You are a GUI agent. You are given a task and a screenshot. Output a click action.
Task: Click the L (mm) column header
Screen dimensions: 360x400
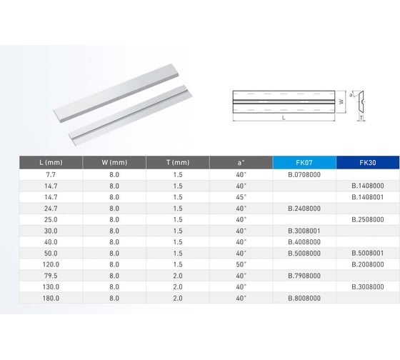[50, 162]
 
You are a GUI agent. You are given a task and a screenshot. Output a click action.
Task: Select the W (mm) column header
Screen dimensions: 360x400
[114, 162]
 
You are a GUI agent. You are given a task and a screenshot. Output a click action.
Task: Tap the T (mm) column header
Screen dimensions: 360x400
[177, 162]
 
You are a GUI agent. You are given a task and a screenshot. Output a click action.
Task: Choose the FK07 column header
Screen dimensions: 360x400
[304, 162]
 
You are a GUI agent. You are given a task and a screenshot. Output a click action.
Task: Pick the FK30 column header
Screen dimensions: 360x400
[367, 162]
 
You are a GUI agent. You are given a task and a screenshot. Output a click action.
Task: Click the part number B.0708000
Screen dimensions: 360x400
[304, 174]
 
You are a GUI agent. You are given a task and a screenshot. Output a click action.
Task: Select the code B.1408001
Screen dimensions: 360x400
[367, 196]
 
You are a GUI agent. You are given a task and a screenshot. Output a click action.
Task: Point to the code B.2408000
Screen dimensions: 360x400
[304, 208]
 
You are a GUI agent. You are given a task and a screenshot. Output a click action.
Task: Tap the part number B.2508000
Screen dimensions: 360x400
[367, 219]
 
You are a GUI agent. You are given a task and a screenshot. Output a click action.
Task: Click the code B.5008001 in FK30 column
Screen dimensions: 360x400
[367, 253]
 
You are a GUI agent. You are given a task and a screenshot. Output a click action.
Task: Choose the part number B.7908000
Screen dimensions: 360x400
[304, 275]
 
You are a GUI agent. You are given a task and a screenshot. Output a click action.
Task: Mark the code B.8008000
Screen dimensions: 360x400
[304, 298]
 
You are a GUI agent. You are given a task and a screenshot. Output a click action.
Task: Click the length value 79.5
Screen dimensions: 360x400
[50, 275]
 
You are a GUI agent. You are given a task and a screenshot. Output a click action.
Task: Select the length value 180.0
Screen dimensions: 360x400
[50, 298]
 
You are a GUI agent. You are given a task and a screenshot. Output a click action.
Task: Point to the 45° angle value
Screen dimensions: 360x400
[241, 196]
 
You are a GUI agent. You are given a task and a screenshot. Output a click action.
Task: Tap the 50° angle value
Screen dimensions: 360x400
[241, 264]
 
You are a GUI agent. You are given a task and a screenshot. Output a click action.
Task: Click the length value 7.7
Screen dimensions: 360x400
[50, 174]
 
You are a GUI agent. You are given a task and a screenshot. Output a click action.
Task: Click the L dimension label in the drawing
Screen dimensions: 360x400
[284, 116]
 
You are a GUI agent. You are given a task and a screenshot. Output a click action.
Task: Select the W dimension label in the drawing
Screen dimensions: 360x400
[341, 101]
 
